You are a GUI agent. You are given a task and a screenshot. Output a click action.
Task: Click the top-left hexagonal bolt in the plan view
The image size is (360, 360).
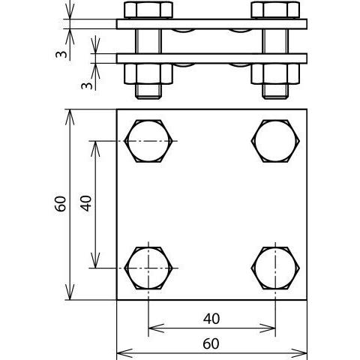pyautogui.click(x=148, y=141)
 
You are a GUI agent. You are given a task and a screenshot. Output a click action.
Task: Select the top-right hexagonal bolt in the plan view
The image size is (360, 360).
pyautogui.click(x=275, y=141)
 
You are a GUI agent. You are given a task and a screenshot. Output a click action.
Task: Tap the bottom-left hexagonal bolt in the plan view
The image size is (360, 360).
pyautogui.click(x=148, y=268)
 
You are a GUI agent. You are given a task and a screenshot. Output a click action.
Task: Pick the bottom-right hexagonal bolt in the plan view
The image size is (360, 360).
pyautogui.click(x=275, y=268)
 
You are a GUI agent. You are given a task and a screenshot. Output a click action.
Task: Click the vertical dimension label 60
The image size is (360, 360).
pyautogui.click(x=61, y=204)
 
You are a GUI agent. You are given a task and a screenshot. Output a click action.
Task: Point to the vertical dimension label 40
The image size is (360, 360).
pyautogui.click(x=86, y=203)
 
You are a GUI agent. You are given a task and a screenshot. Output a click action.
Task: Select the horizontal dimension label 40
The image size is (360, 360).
pyautogui.click(x=211, y=319)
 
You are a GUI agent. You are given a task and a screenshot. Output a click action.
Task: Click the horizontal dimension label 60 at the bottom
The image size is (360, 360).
pyautogui.click(x=211, y=343)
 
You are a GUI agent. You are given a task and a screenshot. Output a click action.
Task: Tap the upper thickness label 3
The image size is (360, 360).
pyautogui.click(x=61, y=54)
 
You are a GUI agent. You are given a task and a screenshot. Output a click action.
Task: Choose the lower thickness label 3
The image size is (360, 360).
pyautogui.click(x=87, y=85)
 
